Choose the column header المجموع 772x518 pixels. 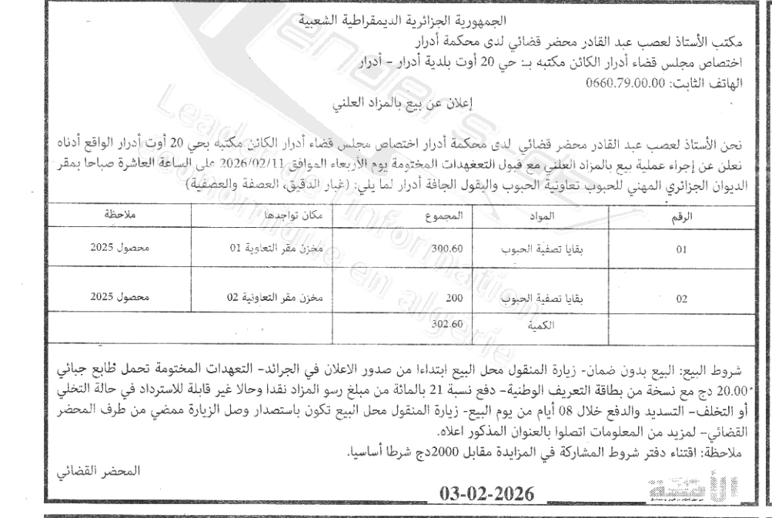(446, 218)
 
